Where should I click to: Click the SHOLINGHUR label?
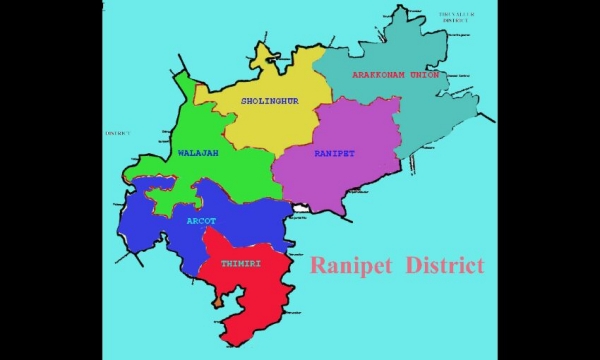(270, 100)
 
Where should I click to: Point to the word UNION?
(421, 74)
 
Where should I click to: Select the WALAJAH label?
(198, 153)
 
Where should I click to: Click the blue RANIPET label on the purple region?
(334, 153)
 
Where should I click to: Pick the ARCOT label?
(201, 220)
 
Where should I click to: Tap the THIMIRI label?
(241, 263)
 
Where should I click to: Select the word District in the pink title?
(445, 265)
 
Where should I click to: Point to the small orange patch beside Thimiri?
(217, 299)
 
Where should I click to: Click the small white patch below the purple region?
(299, 208)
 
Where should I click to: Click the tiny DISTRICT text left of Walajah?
(117, 132)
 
